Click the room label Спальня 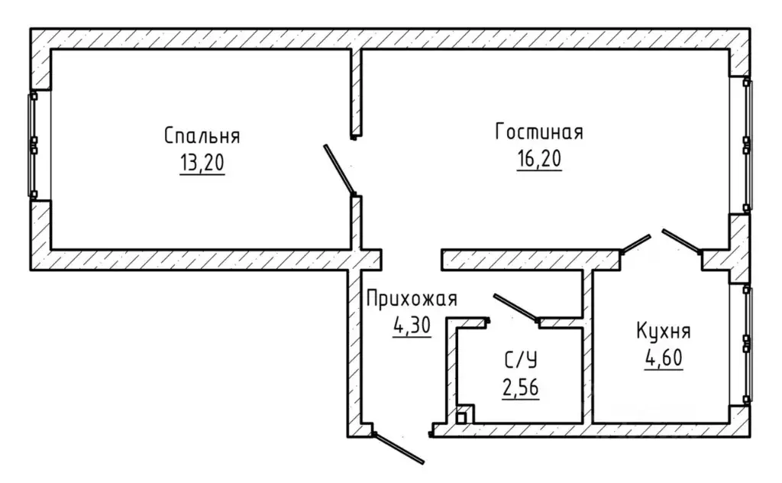(202, 136)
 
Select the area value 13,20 (202, 163)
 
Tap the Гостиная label (539, 131)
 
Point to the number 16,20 (539, 159)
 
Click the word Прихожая (412, 299)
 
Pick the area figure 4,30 (412, 326)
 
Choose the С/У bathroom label (521, 360)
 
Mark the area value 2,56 (521, 387)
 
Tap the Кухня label (664, 331)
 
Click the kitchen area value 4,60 (664, 358)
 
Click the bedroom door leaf (339, 170)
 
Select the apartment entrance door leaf (399, 449)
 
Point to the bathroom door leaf (515, 307)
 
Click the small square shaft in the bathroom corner (461, 417)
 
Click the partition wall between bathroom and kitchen (587, 346)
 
